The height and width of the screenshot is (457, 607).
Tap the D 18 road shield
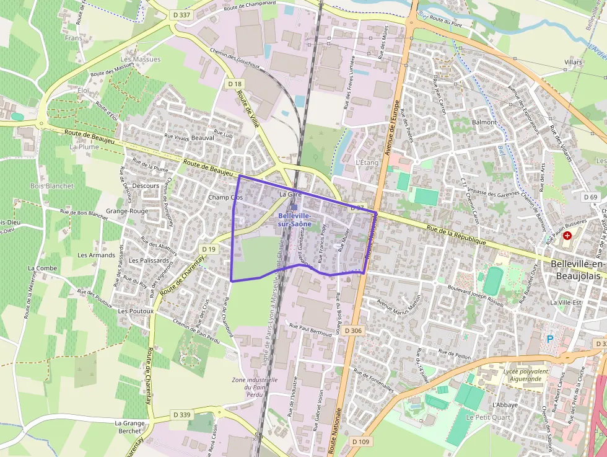tap(234, 84)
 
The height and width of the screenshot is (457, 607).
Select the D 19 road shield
tap(209, 249)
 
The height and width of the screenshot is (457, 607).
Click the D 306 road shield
tap(352, 331)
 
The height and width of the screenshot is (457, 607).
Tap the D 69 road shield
tap(592, 197)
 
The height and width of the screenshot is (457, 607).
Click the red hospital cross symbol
tap(567, 236)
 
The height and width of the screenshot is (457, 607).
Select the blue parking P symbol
tap(549, 339)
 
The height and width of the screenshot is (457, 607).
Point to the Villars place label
tap(574, 63)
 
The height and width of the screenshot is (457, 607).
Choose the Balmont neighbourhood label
tap(484, 122)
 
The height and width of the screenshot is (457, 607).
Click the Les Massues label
tap(141, 60)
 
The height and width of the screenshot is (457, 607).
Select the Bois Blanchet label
tap(52, 186)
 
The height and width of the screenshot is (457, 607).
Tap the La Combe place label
tap(43, 268)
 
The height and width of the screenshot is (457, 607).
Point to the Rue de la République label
tap(456, 234)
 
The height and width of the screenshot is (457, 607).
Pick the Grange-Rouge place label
tap(127, 211)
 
